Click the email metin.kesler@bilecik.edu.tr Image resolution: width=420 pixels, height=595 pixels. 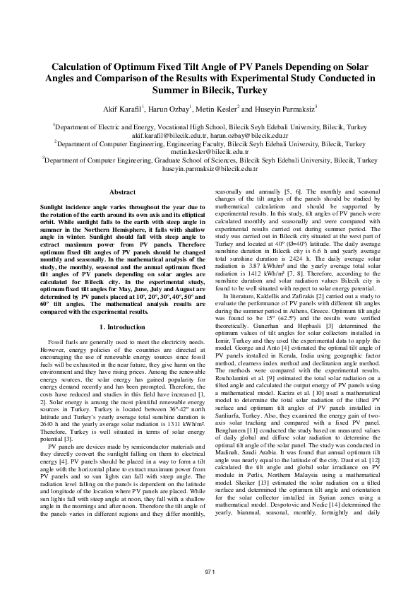(x=210, y=151)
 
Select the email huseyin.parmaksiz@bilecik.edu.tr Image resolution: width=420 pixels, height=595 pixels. (x=210, y=170)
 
